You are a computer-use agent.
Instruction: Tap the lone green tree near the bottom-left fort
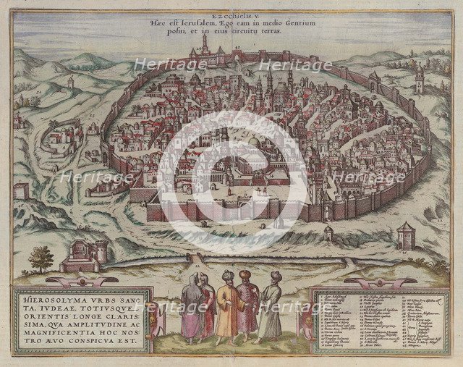point(42,258)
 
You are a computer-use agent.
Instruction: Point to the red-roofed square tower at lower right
point(407,236)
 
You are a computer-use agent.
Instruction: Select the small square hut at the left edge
point(21,190)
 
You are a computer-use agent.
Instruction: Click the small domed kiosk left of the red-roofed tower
point(328,232)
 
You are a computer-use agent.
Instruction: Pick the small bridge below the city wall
point(195,257)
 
